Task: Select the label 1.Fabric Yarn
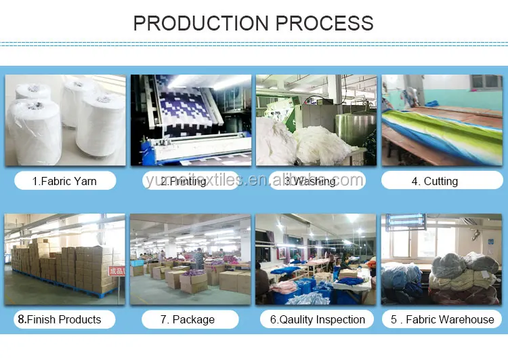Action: [x=65, y=181]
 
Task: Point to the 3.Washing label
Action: [x=310, y=181]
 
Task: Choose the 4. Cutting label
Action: [x=435, y=181]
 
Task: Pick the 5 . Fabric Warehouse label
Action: [x=443, y=319]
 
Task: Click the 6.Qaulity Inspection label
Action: [x=318, y=319]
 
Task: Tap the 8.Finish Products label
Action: [x=60, y=319]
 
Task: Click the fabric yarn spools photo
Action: [x=65, y=121]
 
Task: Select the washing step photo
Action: [x=316, y=121]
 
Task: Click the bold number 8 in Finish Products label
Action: [x=21, y=319]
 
